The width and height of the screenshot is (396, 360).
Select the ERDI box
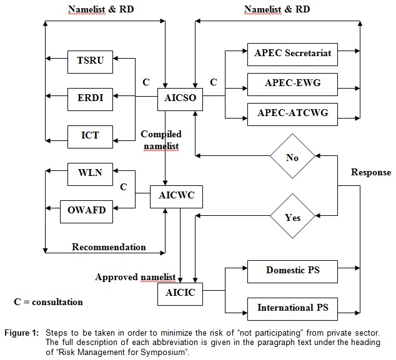(x=90, y=98)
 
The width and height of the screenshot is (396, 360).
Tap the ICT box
(x=90, y=135)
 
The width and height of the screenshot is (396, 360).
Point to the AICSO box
(x=180, y=98)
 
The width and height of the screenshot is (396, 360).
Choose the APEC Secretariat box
(x=292, y=52)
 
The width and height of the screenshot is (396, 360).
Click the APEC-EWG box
(x=292, y=82)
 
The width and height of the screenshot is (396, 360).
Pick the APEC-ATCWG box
(x=292, y=113)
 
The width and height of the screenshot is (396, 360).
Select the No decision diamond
(x=292, y=157)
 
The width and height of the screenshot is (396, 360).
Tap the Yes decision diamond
(x=292, y=217)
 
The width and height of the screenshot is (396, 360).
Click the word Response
(x=371, y=172)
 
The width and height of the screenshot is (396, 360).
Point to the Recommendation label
(x=109, y=247)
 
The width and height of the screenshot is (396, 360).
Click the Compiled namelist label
(x=161, y=140)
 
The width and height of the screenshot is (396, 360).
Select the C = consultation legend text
(x=48, y=302)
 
